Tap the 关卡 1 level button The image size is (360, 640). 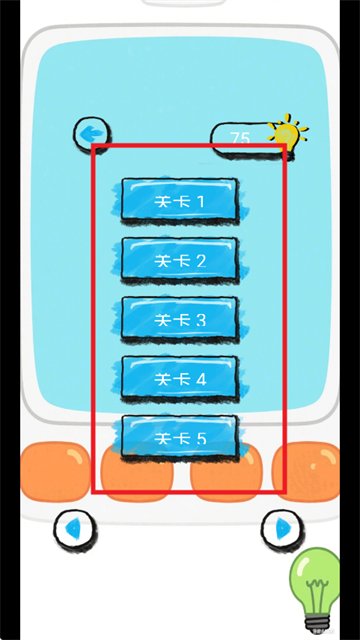(x=179, y=201)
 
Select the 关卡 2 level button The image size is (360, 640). (x=179, y=260)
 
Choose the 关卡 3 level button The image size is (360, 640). (x=179, y=319)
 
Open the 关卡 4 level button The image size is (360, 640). (x=179, y=378)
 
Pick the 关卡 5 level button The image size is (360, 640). (x=179, y=437)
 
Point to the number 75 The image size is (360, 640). (x=240, y=139)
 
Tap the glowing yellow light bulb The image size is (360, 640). (x=287, y=133)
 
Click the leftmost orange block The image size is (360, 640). (x=56, y=470)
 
